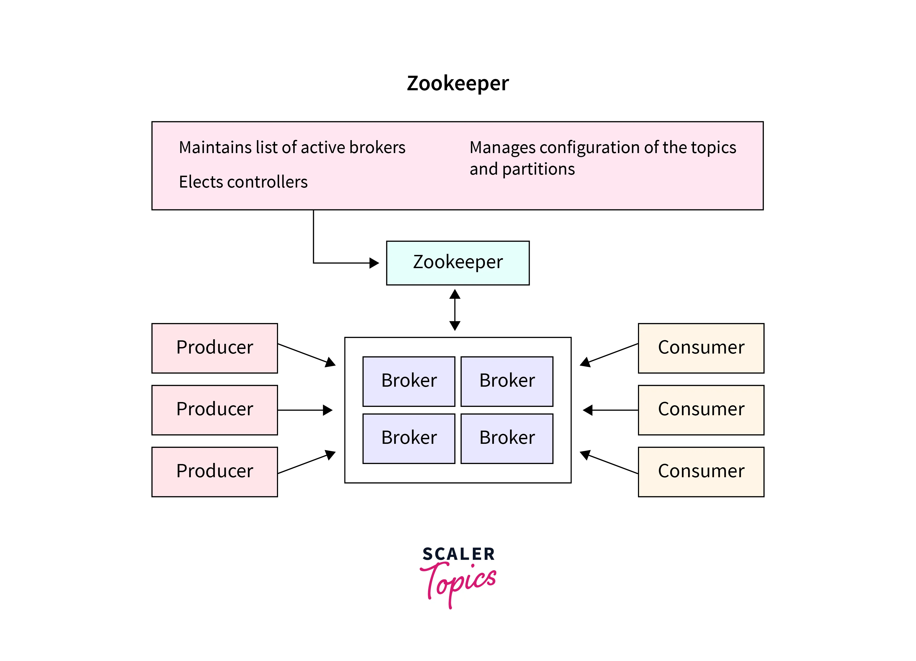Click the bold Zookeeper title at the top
click(x=458, y=84)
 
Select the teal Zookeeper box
click(x=458, y=263)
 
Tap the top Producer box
click(x=214, y=348)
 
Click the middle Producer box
click(x=214, y=410)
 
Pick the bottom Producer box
click(x=214, y=472)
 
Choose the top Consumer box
click(x=701, y=348)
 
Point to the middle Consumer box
click(x=701, y=410)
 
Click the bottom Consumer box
click(x=701, y=472)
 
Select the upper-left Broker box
click(x=409, y=381)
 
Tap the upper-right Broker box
click(x=507, y=381)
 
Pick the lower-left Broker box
click(x=409, y=438)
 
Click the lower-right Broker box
click(x=507, y=438)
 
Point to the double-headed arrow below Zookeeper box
click(x=455, y=310)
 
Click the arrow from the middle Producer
click(x=305, y=410)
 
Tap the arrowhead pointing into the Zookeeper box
click(x=374, y=263)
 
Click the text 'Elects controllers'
click(x=243, y=182)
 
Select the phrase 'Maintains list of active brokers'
click(x=292, y=147)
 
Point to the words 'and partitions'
click(x=522, y=169)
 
